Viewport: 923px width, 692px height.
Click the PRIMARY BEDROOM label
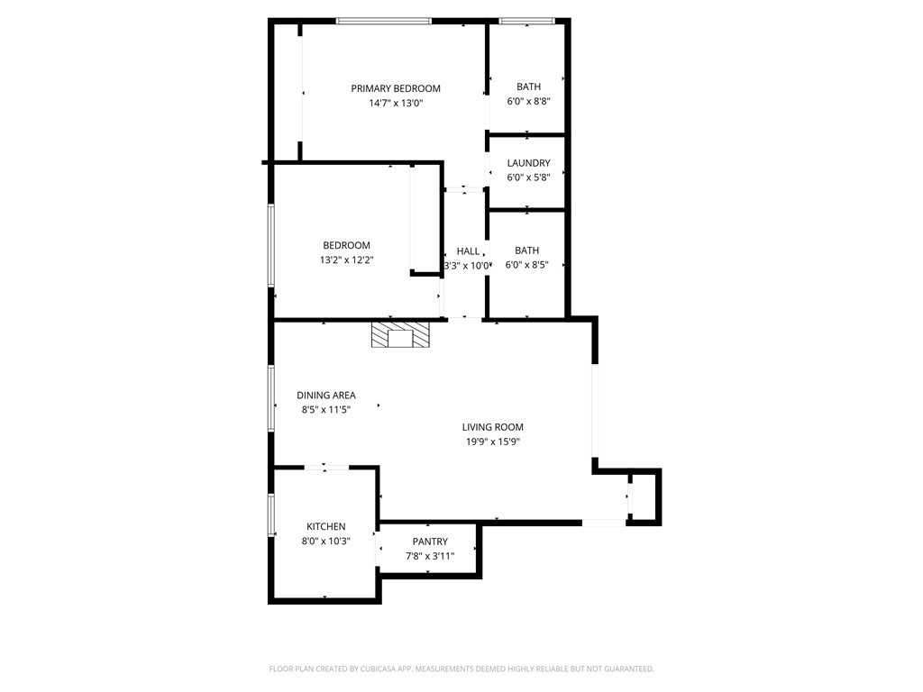(396, 89)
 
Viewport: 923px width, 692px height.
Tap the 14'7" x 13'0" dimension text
(397, 104)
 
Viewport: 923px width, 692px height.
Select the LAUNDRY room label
(528, 163)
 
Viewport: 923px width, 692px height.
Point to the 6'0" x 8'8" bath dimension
(528, 101)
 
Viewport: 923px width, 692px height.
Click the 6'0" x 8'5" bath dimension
(526, 265)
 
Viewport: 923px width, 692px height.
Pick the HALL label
(468, 251)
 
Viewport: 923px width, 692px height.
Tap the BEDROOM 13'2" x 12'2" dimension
(347, 260)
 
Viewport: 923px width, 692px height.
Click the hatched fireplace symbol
(401, 334)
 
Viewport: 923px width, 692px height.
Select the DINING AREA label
(326, 396)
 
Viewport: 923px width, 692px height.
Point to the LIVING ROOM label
(493, 427)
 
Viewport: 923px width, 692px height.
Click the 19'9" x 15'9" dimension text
(493, 442)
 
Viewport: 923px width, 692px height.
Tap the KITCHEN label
(326, 526)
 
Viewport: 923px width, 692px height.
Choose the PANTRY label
(430, 542)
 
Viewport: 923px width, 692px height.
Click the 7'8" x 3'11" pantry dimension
(430, 556)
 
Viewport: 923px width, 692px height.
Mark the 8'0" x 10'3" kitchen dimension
(326, 542)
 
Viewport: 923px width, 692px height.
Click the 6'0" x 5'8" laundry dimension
(528, 178)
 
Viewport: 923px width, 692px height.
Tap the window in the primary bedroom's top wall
(384, 22)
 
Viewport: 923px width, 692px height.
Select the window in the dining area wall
(271, 398)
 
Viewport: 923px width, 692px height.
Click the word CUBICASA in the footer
(378, 669)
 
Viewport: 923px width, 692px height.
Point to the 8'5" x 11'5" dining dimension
(326, 410)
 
